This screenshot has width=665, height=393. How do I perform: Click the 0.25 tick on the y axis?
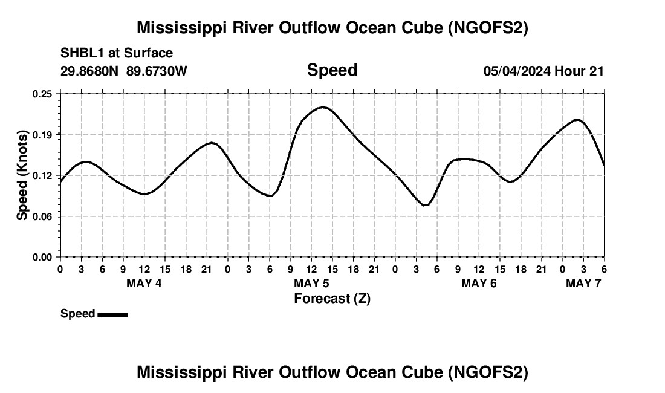44,94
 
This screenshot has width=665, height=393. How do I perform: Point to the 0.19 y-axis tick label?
44,134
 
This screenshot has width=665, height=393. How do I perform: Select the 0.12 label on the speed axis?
44,175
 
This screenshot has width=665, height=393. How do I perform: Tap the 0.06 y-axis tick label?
44,216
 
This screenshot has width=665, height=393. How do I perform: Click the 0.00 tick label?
44,257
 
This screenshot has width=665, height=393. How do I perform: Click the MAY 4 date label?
144,283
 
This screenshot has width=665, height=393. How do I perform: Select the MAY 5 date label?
311,283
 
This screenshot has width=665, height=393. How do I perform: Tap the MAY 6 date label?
479,283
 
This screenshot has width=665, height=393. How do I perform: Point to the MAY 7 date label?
583,283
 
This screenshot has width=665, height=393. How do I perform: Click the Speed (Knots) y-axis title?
22,175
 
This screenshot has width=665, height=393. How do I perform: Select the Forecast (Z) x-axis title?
332,298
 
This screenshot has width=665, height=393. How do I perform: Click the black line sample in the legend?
112,314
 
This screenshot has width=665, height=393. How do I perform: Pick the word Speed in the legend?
78,314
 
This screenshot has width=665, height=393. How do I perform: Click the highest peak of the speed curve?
323,107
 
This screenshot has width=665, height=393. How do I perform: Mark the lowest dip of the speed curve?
426,206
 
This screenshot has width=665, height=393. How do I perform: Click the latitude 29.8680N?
90,71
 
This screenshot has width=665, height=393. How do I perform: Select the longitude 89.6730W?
157,71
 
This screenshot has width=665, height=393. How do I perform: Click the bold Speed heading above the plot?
332,70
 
